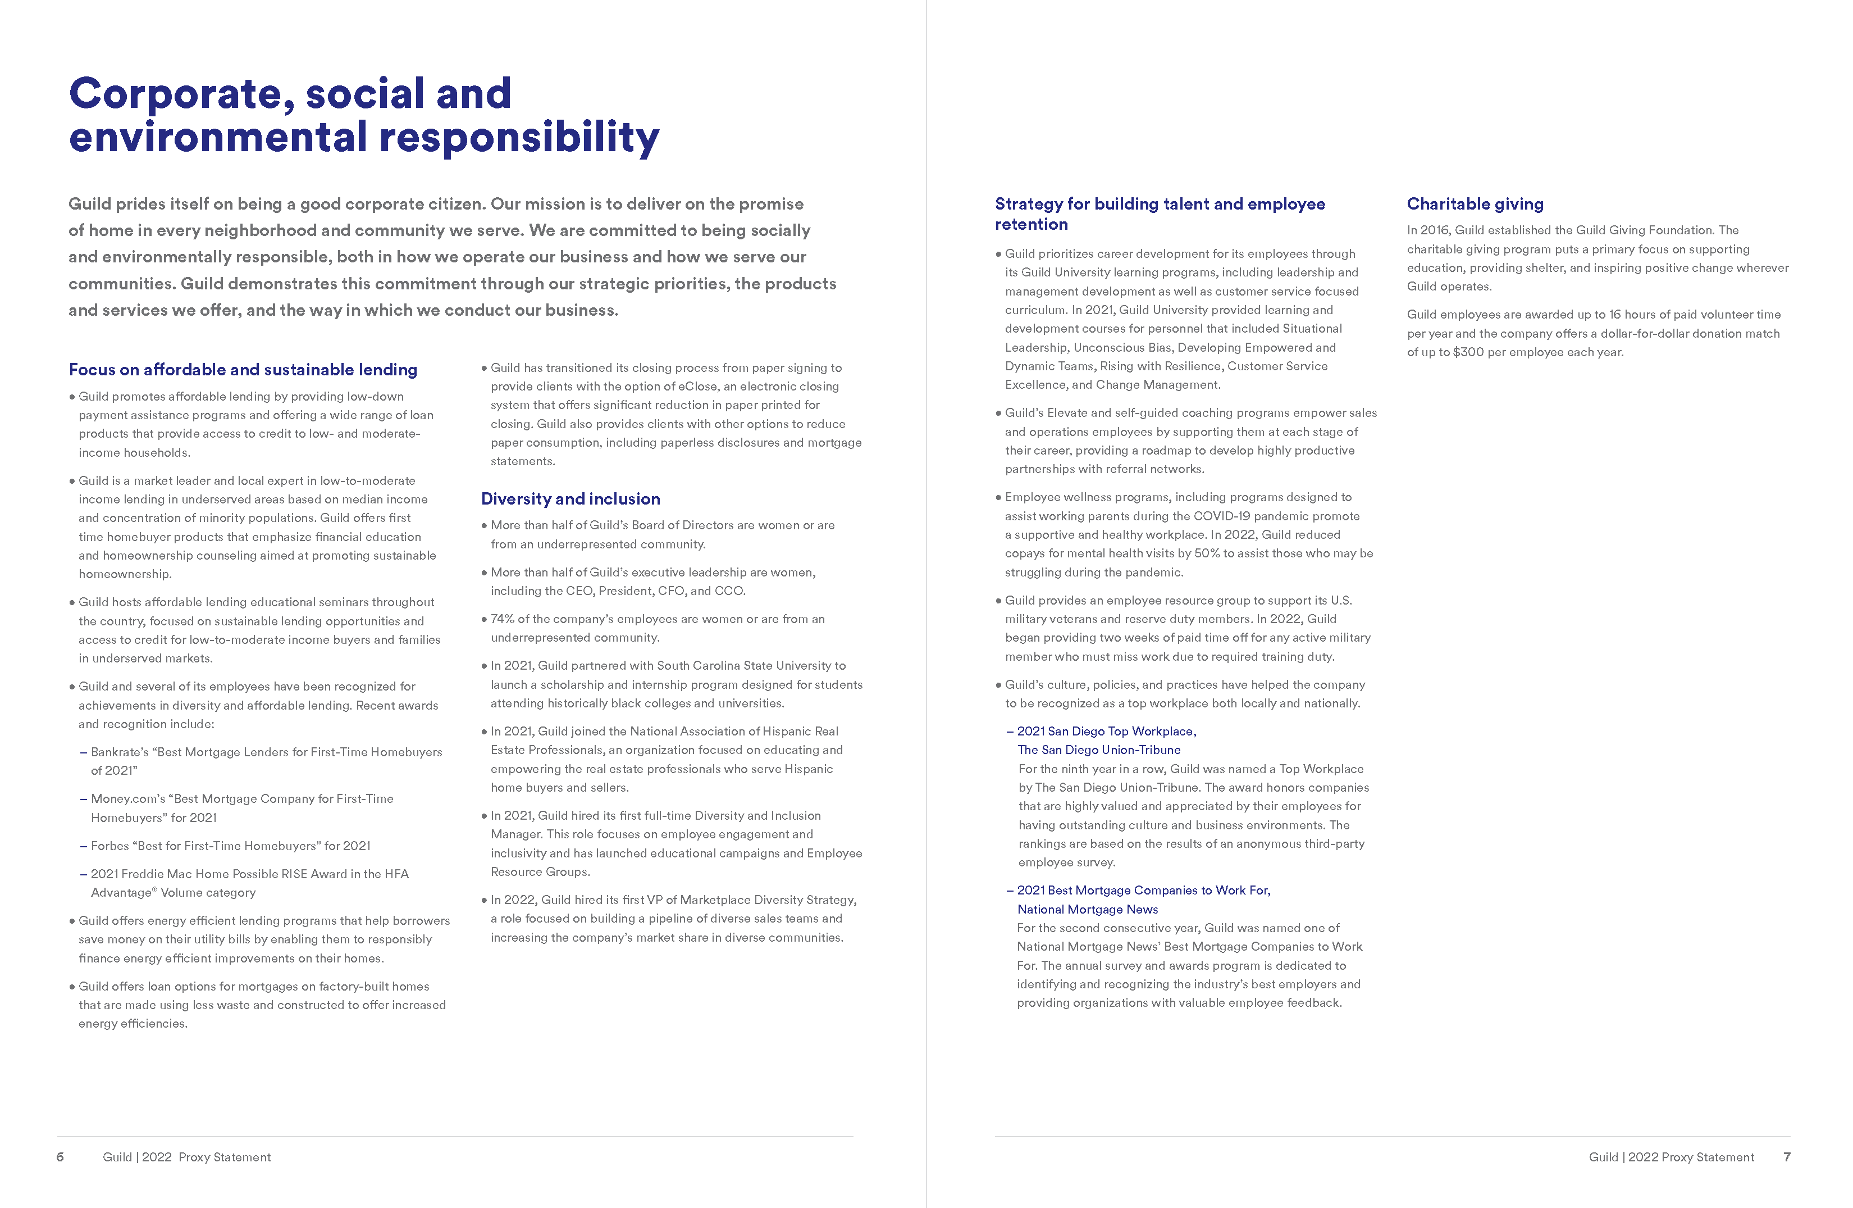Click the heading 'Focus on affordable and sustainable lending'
click(x=243, y=369)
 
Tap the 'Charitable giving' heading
click(x=1475, y=204)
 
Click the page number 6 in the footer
click(x=60, y=1157)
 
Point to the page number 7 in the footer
click(x=1787, y=1157)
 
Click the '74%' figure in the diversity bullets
click(x=502, y=619)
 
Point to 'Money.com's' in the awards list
click(x=125, y=798)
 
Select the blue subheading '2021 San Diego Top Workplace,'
click(x=1106, y=732)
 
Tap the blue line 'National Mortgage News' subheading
click(x=1087, y=909)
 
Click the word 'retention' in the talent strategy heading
click(x=1031, y=224)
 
